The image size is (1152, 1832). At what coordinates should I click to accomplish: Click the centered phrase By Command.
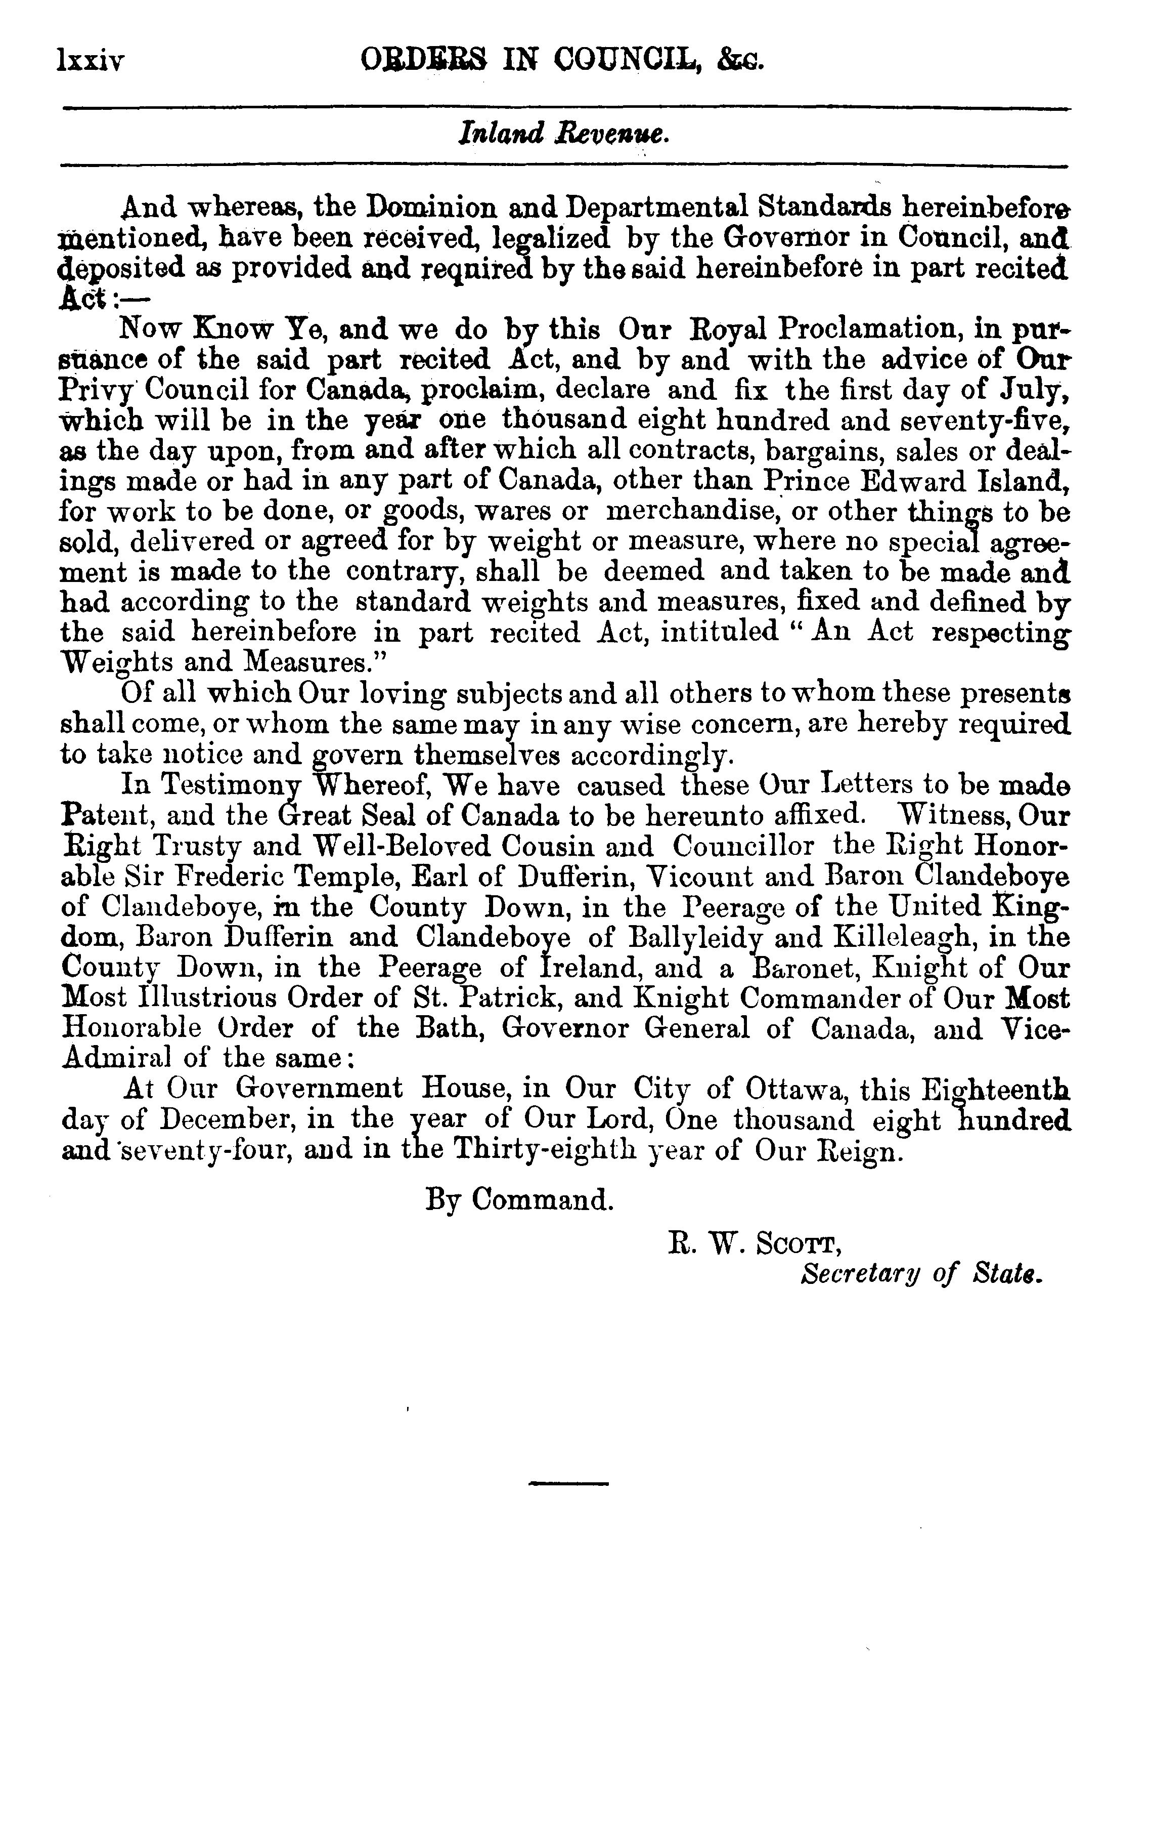click(518, 1200)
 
